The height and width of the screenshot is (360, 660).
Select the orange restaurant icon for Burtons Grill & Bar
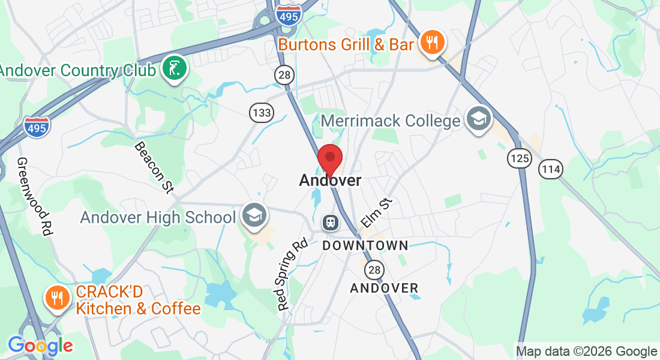coord(431,43)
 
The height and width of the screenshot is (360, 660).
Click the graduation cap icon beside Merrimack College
coord(478,119)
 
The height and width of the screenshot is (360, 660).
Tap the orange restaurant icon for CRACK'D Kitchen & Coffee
coord(58,298)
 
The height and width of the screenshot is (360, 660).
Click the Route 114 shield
coord(550,169)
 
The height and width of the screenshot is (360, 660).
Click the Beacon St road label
coord(154,167)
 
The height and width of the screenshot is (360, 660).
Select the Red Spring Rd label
coord(293,274)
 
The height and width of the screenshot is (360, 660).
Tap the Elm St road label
coord(377,213)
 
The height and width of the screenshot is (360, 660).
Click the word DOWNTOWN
coord(365,245)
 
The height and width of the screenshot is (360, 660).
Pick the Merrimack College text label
coord(391,121)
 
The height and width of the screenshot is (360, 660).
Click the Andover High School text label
coord(158,217)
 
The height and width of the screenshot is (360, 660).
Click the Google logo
coord(40,346)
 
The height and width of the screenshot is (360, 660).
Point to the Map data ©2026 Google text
coord(586,351)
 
